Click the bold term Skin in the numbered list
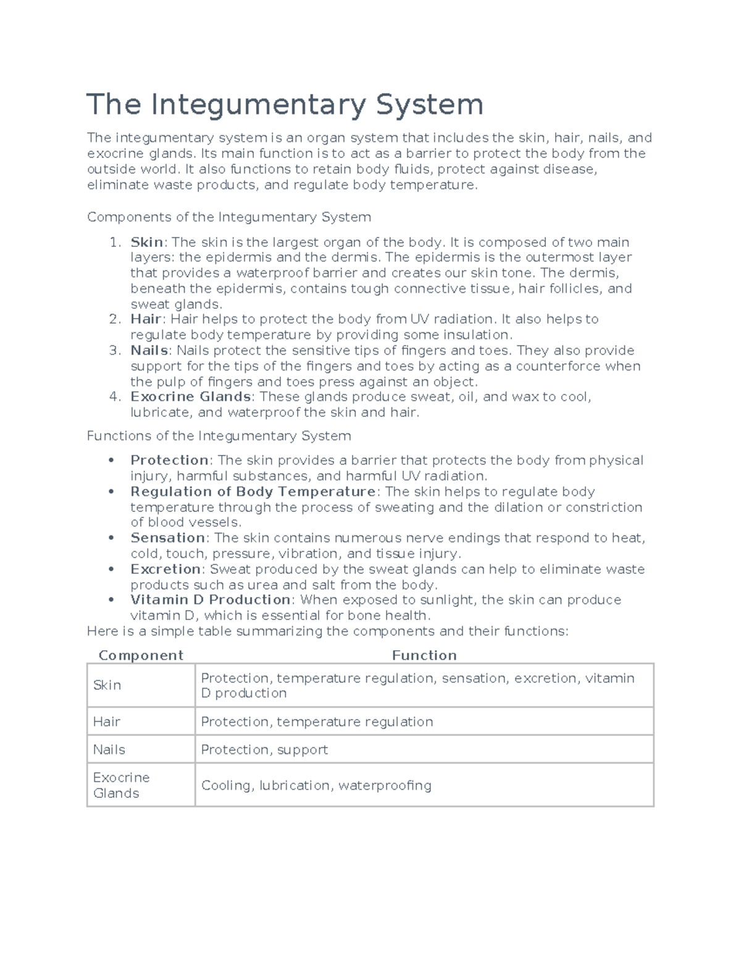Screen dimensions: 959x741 click(x=146, y=242)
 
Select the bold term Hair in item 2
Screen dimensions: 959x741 click(x=146, y=319)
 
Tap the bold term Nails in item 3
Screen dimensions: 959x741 click(x=149, y=350)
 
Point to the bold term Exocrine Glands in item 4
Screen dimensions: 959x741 click(x=190, y=396)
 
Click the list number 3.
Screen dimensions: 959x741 click(x=114, y=350)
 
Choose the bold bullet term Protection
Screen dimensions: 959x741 click(x=169, y=460)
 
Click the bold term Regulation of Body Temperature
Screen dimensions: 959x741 click(x=253, y=492)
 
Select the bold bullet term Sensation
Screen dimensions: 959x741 click(x=167, y=538)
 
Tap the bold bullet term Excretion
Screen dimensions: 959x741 click(x=165, y=569)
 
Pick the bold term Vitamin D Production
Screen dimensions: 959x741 click(x=210, y=600)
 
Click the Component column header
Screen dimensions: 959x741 click(x=141, y=655)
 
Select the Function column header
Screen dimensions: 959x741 click(x=424, y=655)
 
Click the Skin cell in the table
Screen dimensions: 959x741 click(x=107, y=685)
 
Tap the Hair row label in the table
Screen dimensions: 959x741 click(x=106, y=721)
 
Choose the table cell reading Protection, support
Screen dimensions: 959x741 click(x=264, y=750)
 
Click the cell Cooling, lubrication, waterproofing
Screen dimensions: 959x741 click(x=316, y=785)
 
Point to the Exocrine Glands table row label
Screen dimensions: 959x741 click(x=121, y=785)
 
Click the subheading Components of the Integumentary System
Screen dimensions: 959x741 click(x=229, y=217)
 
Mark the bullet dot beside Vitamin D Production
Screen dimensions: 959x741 click(x=111, y=600)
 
